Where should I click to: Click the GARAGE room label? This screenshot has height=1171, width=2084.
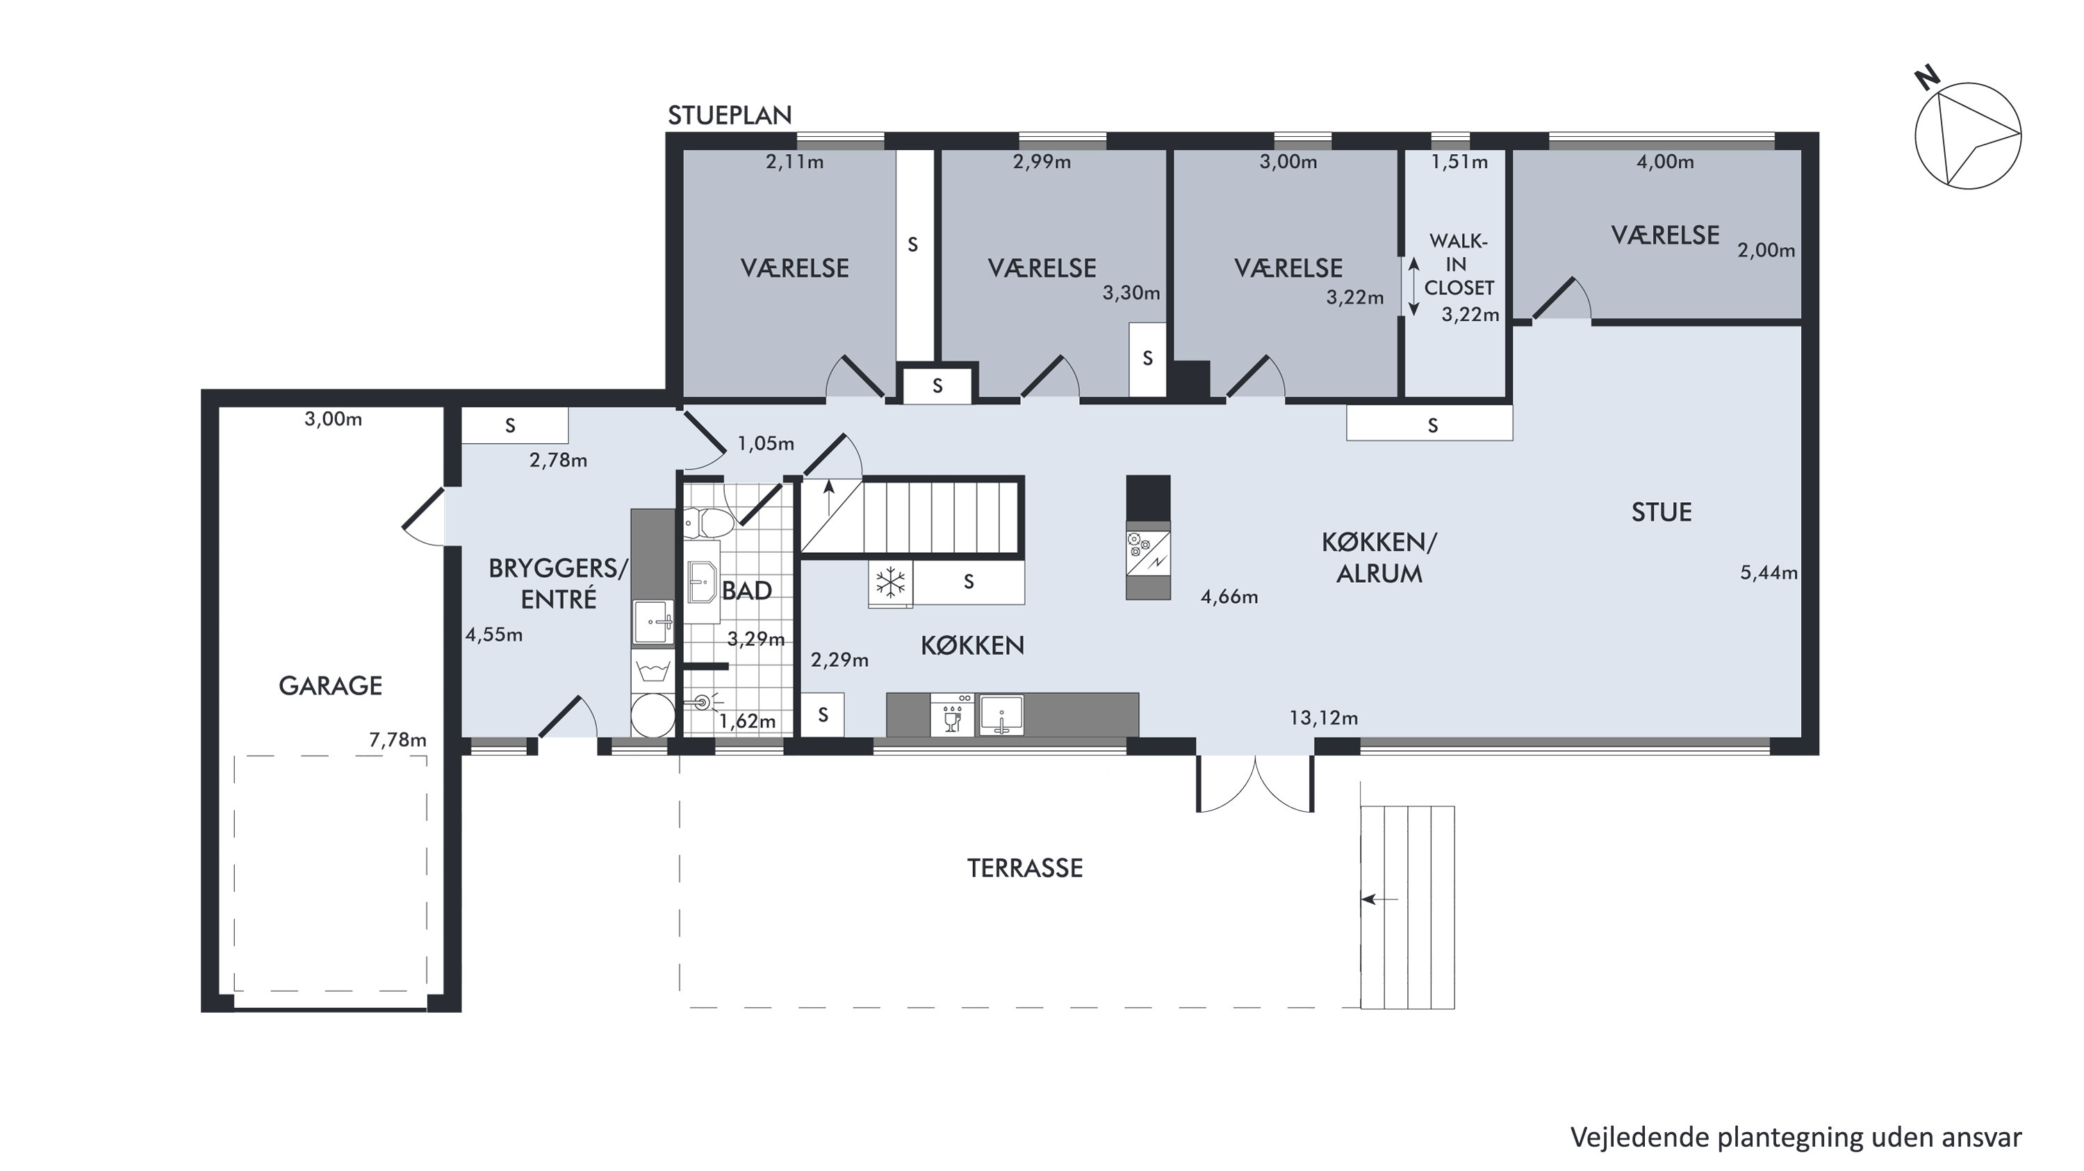click(x=330, y=686)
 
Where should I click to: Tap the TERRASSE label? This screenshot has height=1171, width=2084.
click(x=1025, y=867)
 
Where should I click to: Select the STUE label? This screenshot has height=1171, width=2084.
click(x=1662, y=512)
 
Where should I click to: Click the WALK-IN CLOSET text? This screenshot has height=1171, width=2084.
click(x=1459, y=265)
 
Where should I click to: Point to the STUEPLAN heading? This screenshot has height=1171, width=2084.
click(x=729, y=116)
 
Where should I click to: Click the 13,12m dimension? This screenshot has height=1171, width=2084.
click(x=1324, y=717)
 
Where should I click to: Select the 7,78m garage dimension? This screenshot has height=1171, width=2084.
click(x=398, y=739)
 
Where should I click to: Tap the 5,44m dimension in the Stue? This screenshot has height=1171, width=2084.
click(x=1769, y=572)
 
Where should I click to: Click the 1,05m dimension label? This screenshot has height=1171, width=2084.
click(x=765, y=443)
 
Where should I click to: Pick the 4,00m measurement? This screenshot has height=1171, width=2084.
click(x=1665, y=162)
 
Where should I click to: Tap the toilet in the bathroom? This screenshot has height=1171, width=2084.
click(x=708, y=523)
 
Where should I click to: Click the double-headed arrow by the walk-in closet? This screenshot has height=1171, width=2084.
click(x=1414, y=286)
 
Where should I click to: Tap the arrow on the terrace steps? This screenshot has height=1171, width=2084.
click(x=1380, y=899)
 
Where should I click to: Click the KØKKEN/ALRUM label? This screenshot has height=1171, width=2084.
click(x=1379, y=558)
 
